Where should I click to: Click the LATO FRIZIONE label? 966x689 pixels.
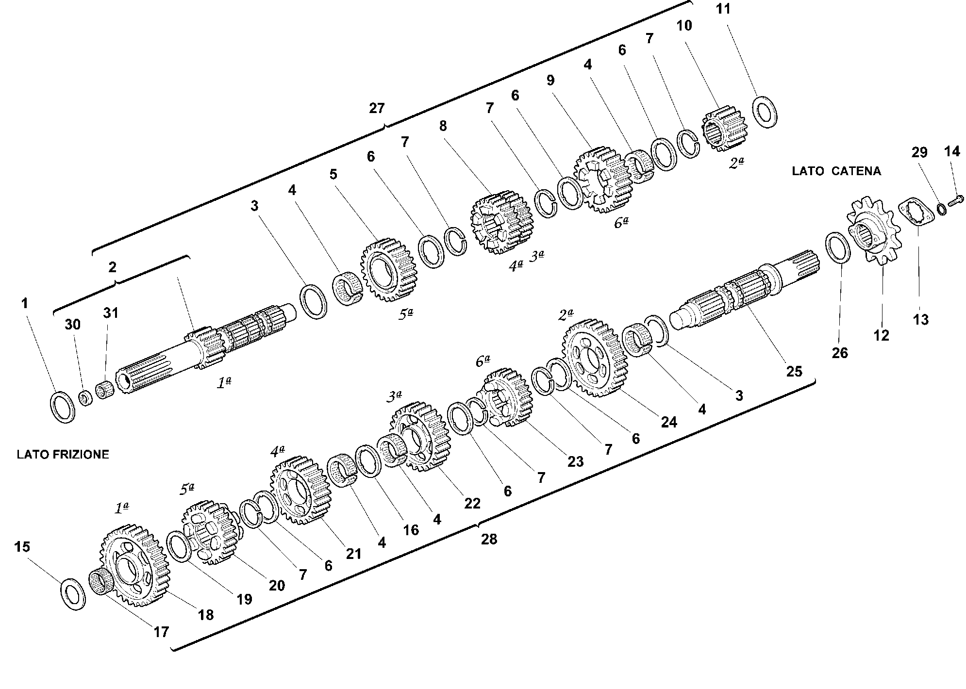pyautogui.click(x=63, y=455)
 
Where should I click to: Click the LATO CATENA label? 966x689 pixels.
pyautogui.click(x=836, y=171)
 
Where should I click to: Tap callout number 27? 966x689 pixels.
pyautogui.click(x=377, y=108)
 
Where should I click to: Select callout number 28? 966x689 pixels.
pyautogui.click(x=489, y=539)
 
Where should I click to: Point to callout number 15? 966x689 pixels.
pyautogui.click(x=22, y=547)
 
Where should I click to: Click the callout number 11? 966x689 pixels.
pyautogui.click(x=723, y=10)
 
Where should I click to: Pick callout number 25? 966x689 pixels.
pyautogui.click(x=794, y=372)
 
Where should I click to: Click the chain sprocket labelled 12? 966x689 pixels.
pyautogui.click(x=873, y=230)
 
